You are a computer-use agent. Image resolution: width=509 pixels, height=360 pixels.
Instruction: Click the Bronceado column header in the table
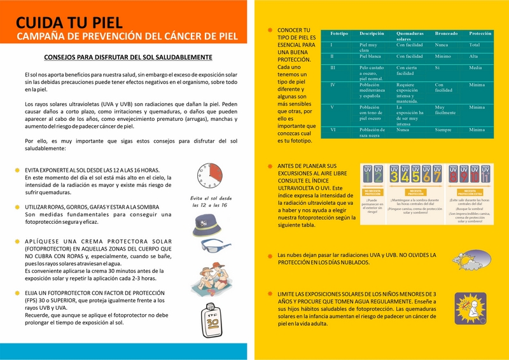[x=445, y=32]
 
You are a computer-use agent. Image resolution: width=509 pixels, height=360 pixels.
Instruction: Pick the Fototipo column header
[x=339, y=32]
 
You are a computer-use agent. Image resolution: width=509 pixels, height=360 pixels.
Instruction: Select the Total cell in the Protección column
[x=475, y=45]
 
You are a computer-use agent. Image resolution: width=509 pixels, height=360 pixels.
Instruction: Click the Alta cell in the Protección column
[x=474, y=57]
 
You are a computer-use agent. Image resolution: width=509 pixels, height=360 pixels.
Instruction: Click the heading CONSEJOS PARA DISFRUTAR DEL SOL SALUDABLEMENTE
[x=128, y=57]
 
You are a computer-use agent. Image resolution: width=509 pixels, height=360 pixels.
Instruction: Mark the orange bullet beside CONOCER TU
[x=270, y=31]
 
